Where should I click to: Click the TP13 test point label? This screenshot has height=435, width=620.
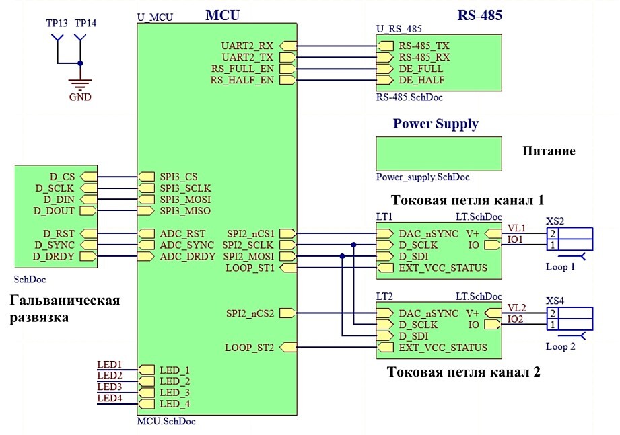pos(56,23)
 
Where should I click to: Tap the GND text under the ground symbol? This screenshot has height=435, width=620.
pos(80,96)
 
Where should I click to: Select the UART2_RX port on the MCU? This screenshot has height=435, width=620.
pos(247,46)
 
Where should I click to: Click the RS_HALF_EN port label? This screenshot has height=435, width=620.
pos(242,80)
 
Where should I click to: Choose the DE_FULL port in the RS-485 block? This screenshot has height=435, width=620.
pos(421,69)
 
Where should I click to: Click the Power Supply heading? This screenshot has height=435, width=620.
pos(436,124)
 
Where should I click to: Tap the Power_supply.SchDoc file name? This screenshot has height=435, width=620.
pos(423,177)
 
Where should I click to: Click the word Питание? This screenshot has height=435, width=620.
pos(549,151)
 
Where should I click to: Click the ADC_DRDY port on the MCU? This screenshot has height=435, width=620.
pos(188,256)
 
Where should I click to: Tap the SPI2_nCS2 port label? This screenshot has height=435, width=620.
pos(250,313)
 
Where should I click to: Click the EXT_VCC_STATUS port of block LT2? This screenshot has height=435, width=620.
pos(442,348)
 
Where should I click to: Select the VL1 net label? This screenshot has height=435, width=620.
pos(516,229)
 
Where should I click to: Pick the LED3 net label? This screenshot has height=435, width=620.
pos(110,387)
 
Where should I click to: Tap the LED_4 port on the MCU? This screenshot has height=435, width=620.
pos(174,404)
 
